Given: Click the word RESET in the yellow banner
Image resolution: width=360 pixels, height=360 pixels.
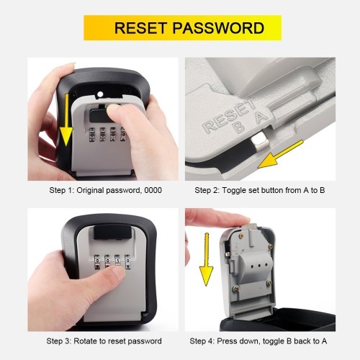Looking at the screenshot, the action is click(x=140, y=28).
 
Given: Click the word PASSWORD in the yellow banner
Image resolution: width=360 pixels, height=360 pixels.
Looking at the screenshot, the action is click(x=218, y=28).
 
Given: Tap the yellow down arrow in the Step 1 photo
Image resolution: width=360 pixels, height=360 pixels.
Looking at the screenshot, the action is click(x=66, y=120).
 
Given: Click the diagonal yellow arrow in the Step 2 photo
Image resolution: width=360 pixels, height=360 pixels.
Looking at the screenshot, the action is click(x=280, y=154).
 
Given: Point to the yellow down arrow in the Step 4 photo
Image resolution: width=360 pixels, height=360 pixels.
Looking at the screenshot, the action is click(x=207, y=259).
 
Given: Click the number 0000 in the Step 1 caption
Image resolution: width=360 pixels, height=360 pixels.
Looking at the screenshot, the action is click(x=153, y=190).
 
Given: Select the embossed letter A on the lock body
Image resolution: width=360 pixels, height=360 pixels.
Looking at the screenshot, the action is click(x=261, y=117).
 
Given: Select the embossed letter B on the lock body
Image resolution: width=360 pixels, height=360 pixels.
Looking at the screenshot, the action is click(x=239, y=127).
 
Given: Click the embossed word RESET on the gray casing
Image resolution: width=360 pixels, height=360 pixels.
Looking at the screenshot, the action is click(x=229, y=115).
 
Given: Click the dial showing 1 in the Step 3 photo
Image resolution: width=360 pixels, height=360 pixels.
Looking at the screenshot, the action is click(x=117, y=261).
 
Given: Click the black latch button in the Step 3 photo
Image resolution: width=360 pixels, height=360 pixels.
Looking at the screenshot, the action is click(x=112, y=233).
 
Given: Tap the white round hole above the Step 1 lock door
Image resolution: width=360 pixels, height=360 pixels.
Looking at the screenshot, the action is click(x=100, y=94).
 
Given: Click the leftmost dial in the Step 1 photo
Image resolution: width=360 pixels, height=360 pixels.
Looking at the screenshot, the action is click(x=92, y=135).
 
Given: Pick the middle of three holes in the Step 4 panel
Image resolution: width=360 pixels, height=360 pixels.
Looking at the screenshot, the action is click(x=259, y=266).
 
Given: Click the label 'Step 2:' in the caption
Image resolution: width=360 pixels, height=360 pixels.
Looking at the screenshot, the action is click(x=207, y=190).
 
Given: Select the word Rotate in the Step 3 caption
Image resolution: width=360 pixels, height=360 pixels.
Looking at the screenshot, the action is click(x=85, y=341).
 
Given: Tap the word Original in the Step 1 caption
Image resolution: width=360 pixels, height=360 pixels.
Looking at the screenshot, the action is click(x=90, y=191).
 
